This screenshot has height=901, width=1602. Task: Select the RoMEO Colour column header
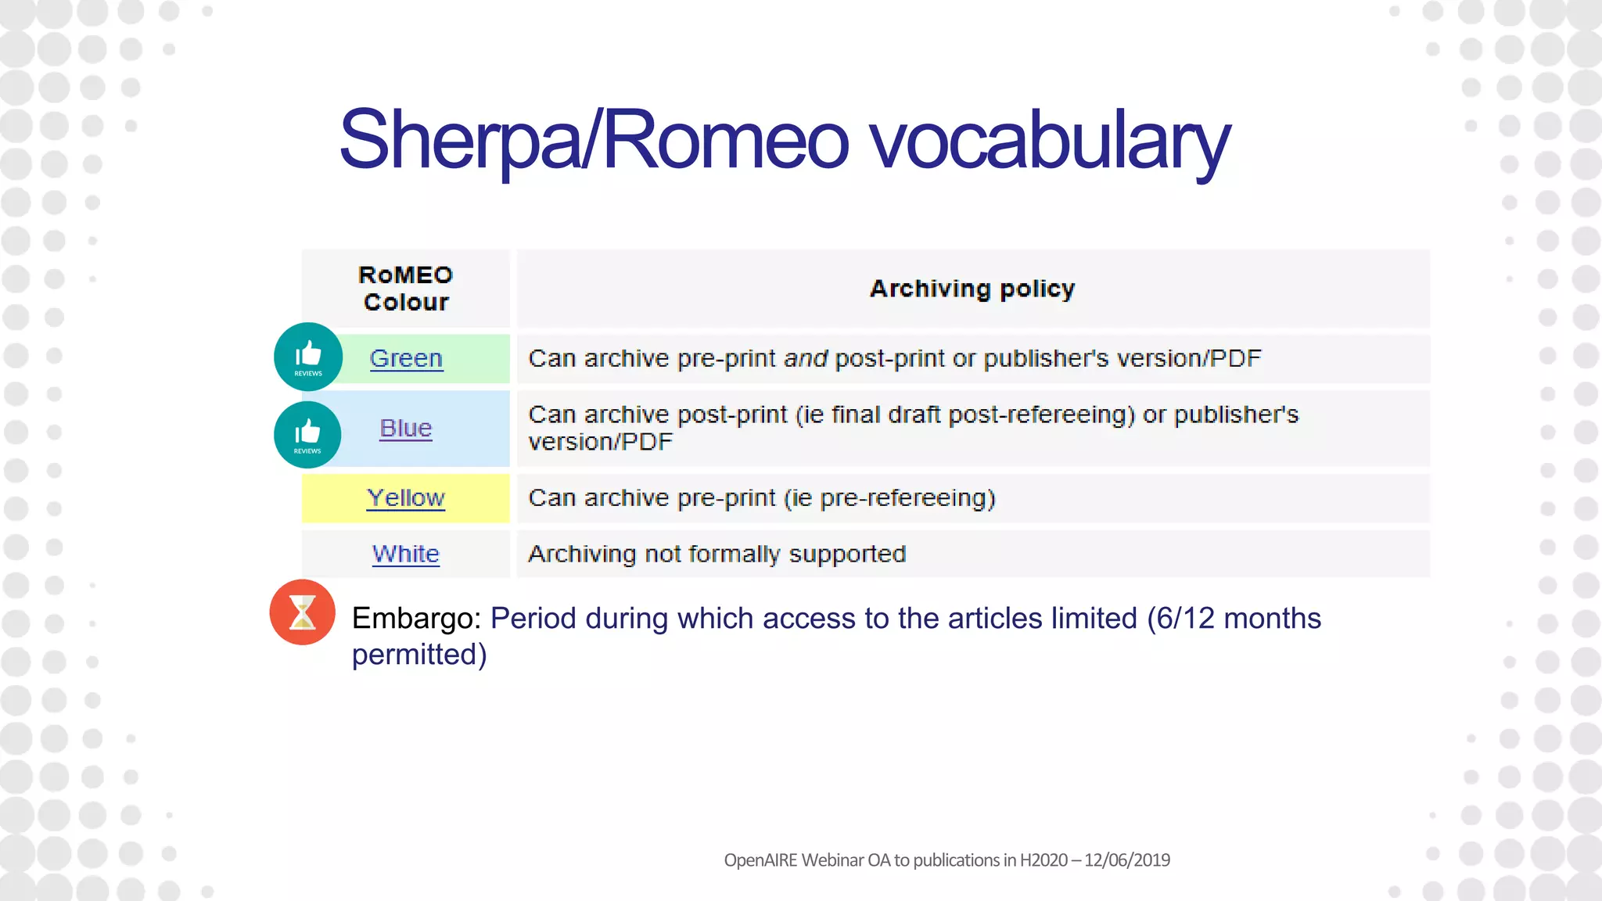pos(405,289)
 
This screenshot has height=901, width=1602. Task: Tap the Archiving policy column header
pos(972,289)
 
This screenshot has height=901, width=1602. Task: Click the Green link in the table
pos(406,358)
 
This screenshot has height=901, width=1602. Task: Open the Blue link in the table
pos(405,428)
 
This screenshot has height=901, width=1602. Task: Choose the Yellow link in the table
pos(406,497)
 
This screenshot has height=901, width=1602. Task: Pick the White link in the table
pos(405,554)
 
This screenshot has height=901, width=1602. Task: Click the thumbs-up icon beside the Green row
pos(308,356)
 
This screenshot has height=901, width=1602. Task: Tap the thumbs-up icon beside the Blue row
pos(307,434)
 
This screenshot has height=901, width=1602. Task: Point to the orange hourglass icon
pos(302,612)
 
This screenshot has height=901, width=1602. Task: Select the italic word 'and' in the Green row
pos(805,358)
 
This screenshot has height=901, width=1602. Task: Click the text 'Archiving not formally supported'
pos(717,554)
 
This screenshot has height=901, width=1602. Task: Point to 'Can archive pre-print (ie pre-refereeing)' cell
pos(761,497)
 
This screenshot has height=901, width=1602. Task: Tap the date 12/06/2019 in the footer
pos(1126,860)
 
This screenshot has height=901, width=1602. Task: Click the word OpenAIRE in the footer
pos(760,860)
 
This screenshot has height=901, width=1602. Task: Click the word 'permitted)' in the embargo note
pos(419,654)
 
